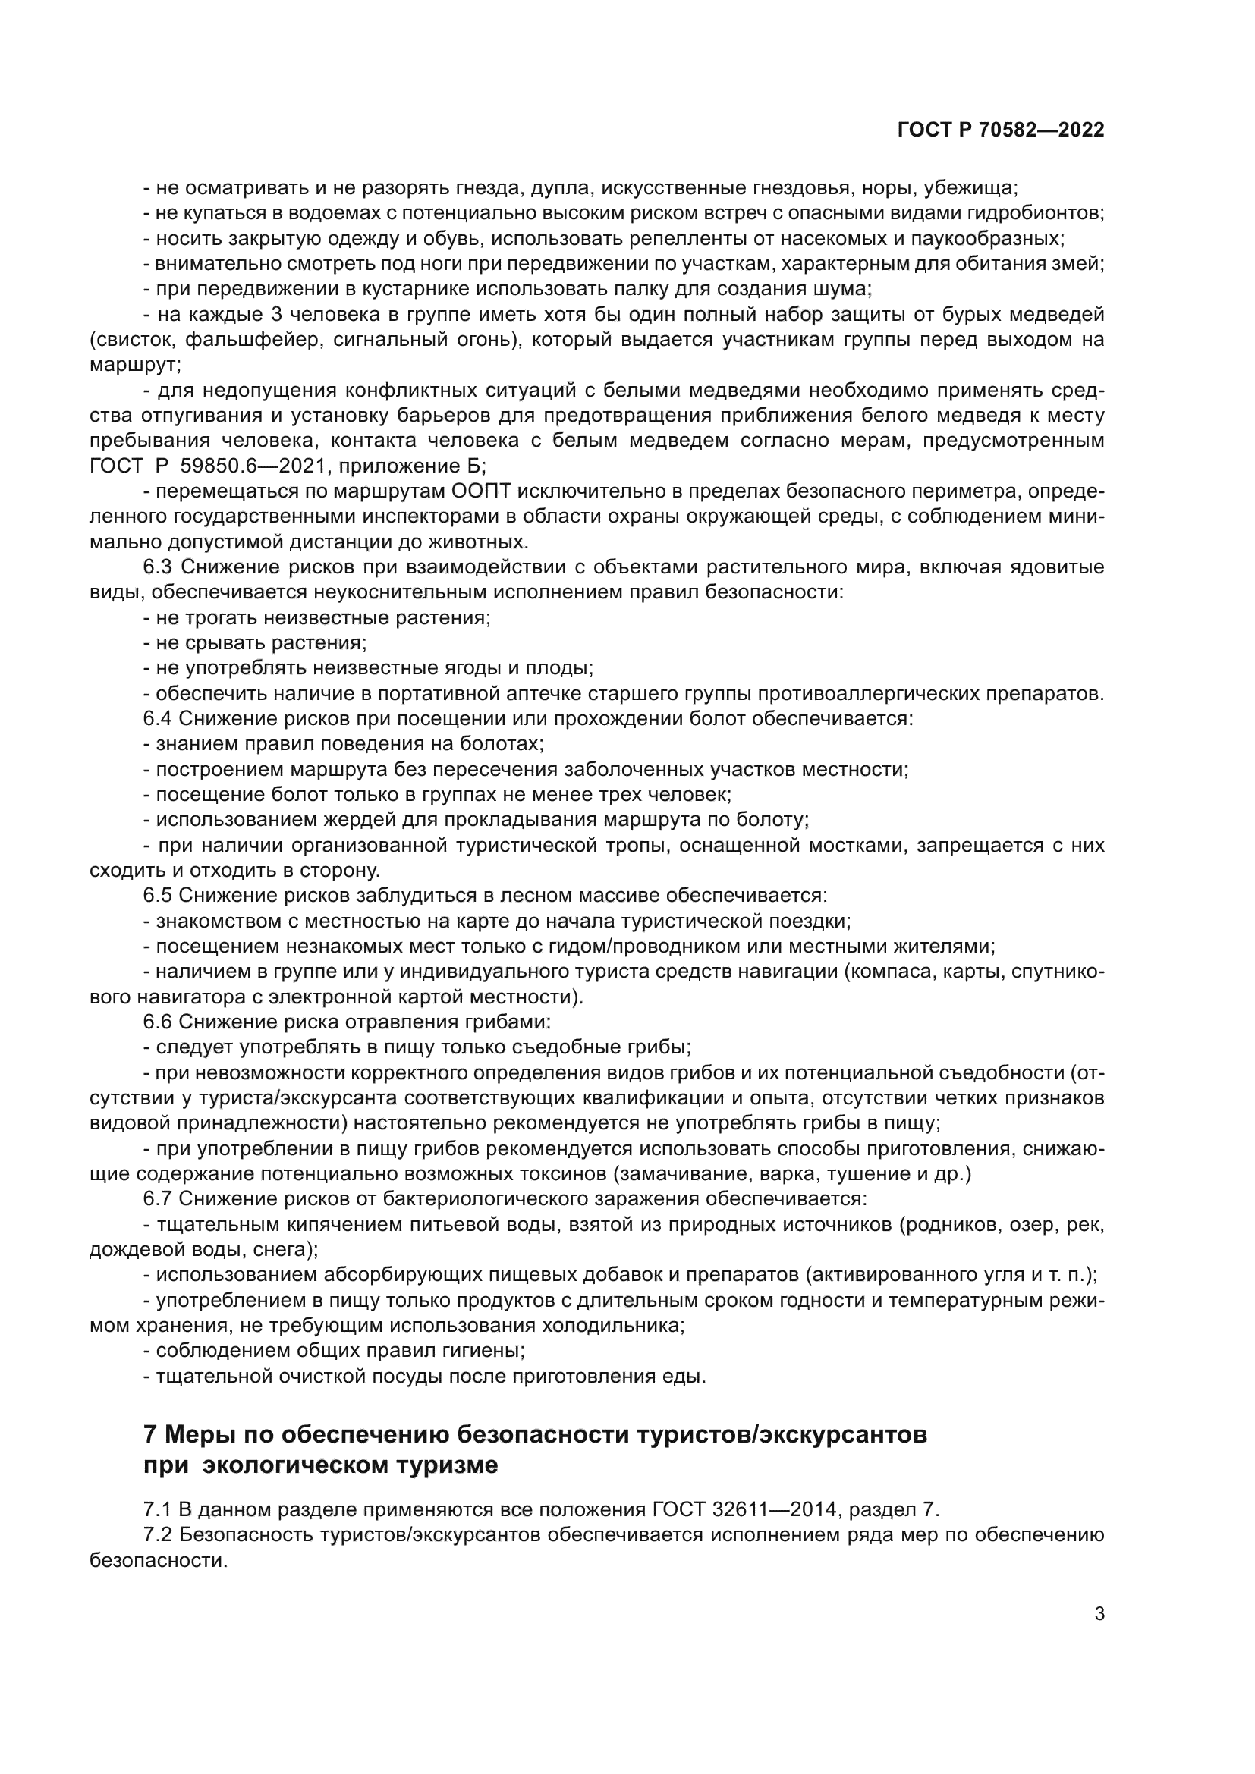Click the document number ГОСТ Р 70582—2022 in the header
click(1001, 130)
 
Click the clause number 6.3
click(157, 568)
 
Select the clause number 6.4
click(157, 719)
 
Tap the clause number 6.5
click(157, 896)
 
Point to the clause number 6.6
click(157, 1023)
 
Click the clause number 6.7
click(157, 1200)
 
